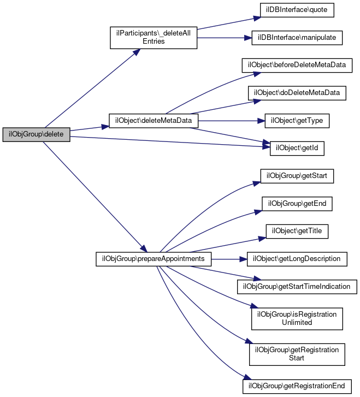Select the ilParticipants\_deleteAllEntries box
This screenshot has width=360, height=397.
click(153, 37)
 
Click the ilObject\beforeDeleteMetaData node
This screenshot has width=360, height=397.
click(297, 65)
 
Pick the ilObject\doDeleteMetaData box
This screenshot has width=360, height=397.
click(297, 93)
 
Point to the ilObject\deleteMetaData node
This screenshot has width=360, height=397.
click(153, 120)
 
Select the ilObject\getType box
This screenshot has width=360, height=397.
click(297, 120)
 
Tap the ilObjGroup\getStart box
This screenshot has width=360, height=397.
click(297, 176)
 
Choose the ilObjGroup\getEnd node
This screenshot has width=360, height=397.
click(297, 204)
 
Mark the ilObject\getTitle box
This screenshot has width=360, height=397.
click(297, 231)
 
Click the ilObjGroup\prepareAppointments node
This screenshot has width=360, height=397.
click(153, 258)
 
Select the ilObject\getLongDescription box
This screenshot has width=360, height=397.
click(297, 258)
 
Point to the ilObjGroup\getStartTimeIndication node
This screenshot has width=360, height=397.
click(297, 286)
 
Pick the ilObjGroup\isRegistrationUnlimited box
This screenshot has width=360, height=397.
click(297, 318)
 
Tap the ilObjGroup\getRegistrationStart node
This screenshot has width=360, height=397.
click(297, 354)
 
